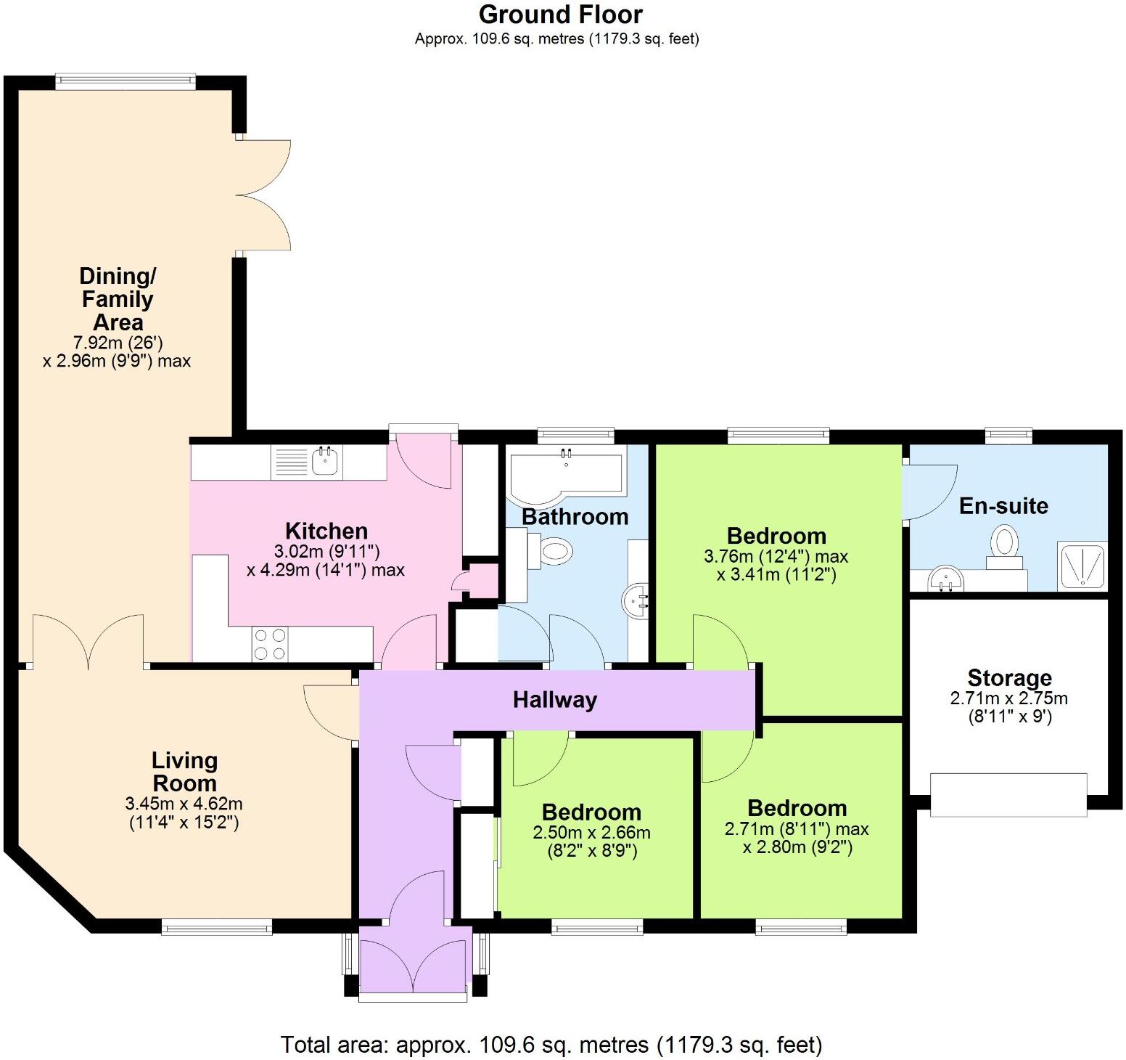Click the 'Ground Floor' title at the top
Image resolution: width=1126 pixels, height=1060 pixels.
[x=560, y=15]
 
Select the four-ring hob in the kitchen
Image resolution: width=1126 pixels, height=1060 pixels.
[x=270, y=644]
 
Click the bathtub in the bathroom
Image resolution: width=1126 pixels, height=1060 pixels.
[x=566, y=473]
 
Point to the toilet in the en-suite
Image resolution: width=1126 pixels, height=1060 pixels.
[x=1005, y=546]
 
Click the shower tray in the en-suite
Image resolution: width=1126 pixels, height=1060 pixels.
[x=1084, y=566]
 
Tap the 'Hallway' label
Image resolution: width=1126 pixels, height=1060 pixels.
[x=555, y=700]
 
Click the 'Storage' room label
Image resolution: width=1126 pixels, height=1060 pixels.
[x=1009, y=678]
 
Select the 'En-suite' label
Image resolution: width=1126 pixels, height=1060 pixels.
[x=1003, y=506]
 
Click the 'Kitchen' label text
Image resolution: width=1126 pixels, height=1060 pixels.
[x=326, y=531]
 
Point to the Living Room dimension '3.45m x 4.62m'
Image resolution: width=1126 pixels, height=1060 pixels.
[x=184, y=804]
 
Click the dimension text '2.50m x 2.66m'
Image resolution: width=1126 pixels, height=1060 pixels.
[x=591, y=832]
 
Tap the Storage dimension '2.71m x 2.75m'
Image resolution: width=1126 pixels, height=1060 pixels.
[x=1008, y=698]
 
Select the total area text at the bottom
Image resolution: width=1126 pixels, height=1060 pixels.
[x=551, y=1045]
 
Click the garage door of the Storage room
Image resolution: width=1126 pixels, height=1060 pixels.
[x=1008, y=795]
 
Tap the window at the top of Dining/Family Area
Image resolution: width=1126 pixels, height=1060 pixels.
[x=126, y=81]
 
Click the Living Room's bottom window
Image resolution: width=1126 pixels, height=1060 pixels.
[x=216, y=926]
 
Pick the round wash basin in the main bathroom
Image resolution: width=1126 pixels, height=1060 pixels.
[x=636, y=600]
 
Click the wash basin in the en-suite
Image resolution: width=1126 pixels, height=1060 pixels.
[x=946, y=580]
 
